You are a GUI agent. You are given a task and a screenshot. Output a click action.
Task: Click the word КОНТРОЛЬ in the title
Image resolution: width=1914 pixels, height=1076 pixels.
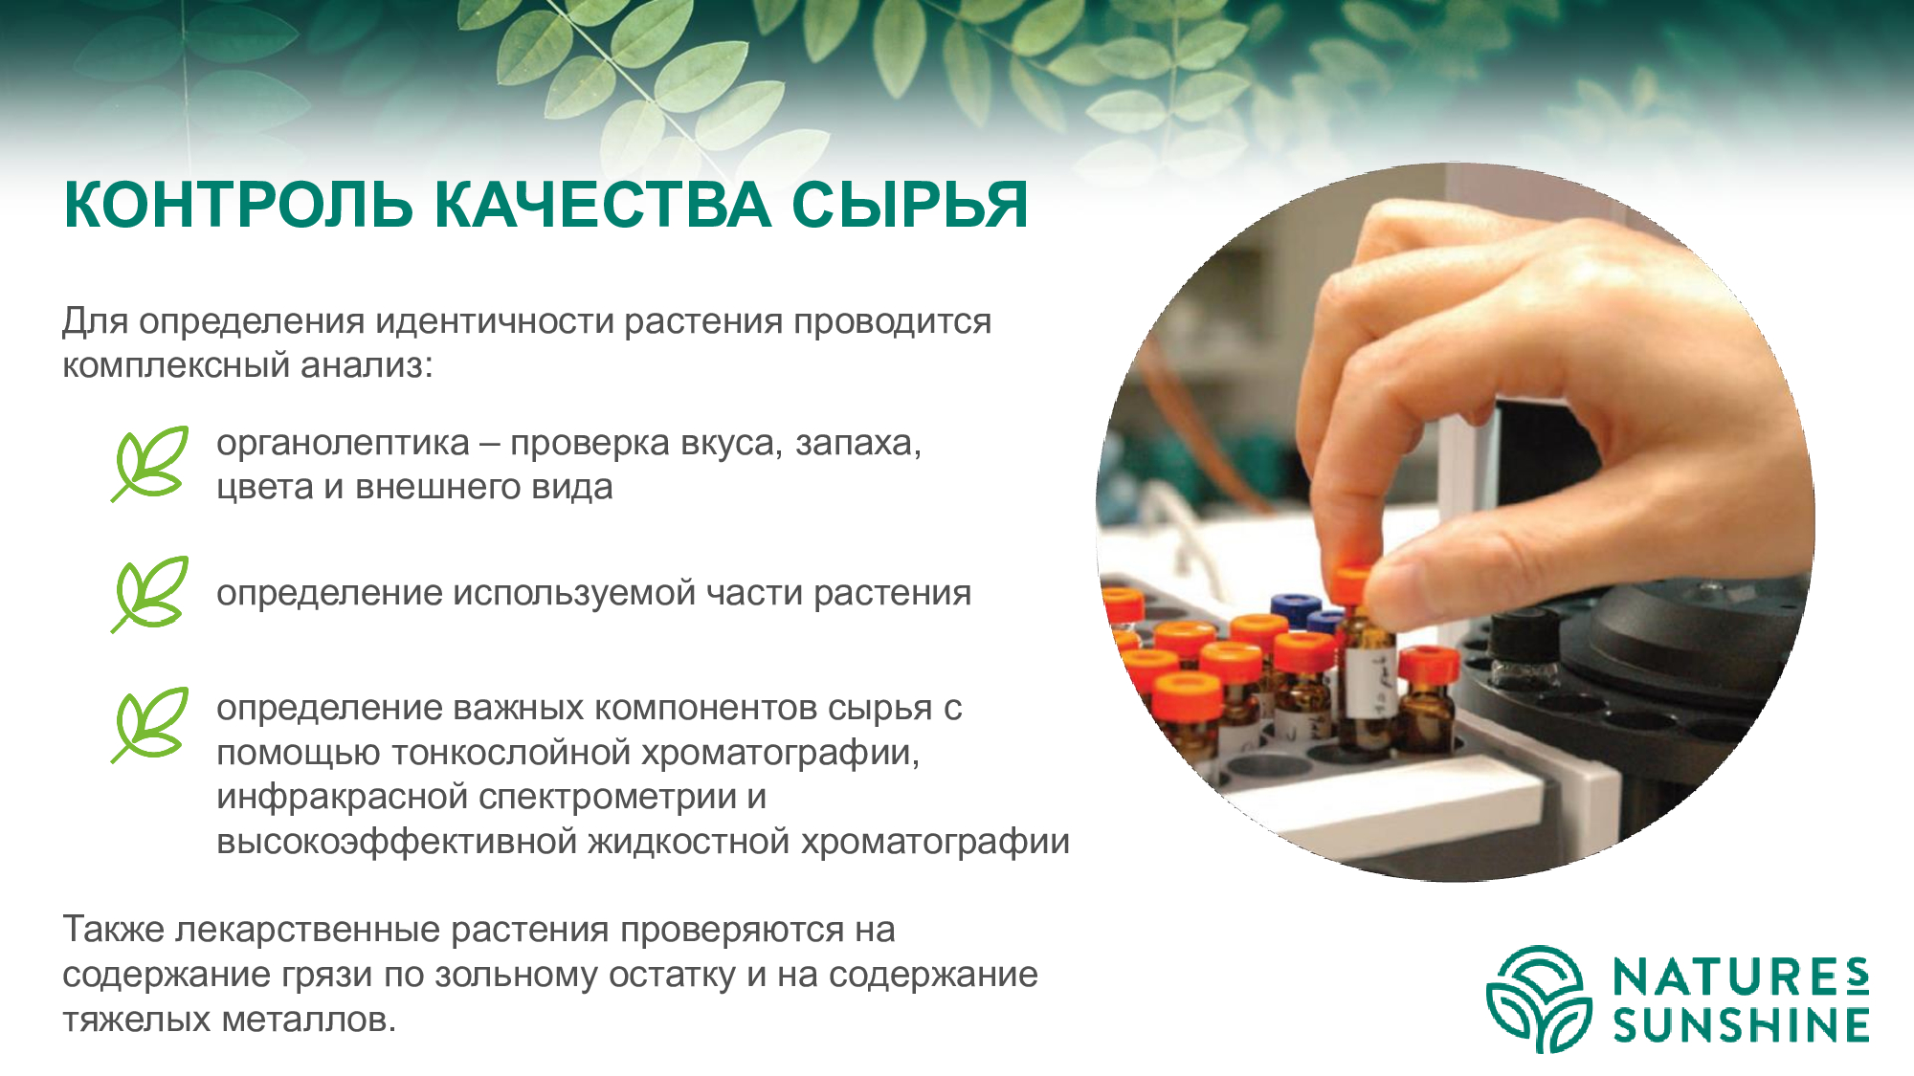[x=238, y=205]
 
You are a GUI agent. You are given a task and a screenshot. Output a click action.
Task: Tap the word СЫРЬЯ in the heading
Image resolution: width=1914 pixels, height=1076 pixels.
[x=910, y=205]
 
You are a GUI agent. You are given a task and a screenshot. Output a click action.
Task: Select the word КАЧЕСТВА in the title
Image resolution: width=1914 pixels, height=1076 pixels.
[x=603, y=205]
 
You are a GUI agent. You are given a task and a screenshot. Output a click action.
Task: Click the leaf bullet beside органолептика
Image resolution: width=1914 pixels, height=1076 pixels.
[x=149, y=464]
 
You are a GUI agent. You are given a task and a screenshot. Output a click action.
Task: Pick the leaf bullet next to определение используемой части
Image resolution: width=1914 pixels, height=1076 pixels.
[x=149, y=594]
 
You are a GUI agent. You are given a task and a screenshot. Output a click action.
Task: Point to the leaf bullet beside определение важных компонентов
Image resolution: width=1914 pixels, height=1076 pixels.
[x=149, y=725]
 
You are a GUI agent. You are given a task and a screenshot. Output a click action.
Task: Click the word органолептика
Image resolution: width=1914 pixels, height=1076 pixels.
[x=343, y=445]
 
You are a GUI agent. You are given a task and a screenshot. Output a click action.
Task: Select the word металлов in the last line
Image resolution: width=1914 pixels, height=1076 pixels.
[x=308, y=1020]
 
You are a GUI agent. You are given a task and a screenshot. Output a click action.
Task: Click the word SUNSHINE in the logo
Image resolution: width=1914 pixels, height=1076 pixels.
[x=1741, y=1025]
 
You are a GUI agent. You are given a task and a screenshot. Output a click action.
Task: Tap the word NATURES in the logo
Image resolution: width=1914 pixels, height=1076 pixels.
[x=1741, y=977]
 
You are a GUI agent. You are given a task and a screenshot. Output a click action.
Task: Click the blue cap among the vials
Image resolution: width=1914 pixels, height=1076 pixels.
[x=1296, y=606]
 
